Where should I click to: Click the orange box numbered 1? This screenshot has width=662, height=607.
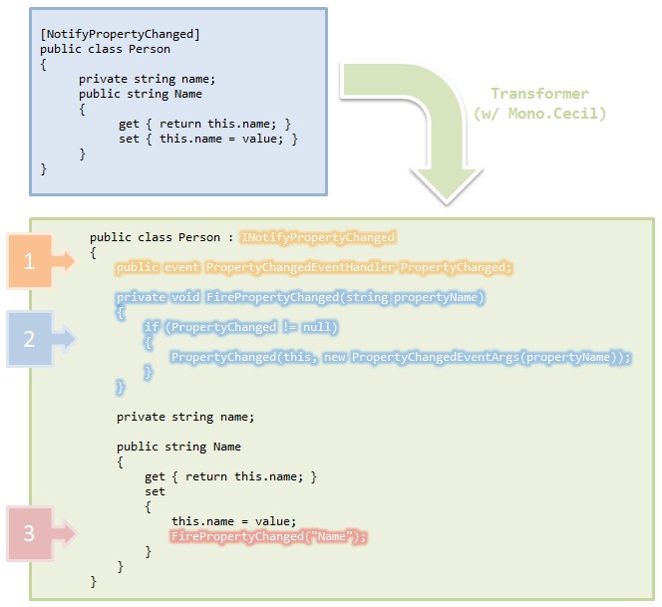(29, 261)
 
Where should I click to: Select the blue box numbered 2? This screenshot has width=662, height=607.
(29, 339)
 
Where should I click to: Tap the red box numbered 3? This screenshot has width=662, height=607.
(29, 533)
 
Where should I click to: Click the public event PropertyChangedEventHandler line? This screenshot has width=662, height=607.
(314, 267)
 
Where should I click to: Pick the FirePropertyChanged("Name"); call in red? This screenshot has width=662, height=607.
(269, 536)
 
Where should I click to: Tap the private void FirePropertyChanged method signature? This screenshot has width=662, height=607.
(300, 297)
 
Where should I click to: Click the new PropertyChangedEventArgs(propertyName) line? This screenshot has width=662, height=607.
(402, 357)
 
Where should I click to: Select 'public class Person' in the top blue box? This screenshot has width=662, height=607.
(105, 49)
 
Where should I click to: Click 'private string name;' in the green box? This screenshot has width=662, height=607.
(185, 417)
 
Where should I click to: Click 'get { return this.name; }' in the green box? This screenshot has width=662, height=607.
(230, 476)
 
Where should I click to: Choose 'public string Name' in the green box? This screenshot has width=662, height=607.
(178, 447)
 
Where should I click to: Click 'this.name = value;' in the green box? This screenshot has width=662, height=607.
(234, 521)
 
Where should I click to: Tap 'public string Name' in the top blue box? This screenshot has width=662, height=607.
(141, 94)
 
